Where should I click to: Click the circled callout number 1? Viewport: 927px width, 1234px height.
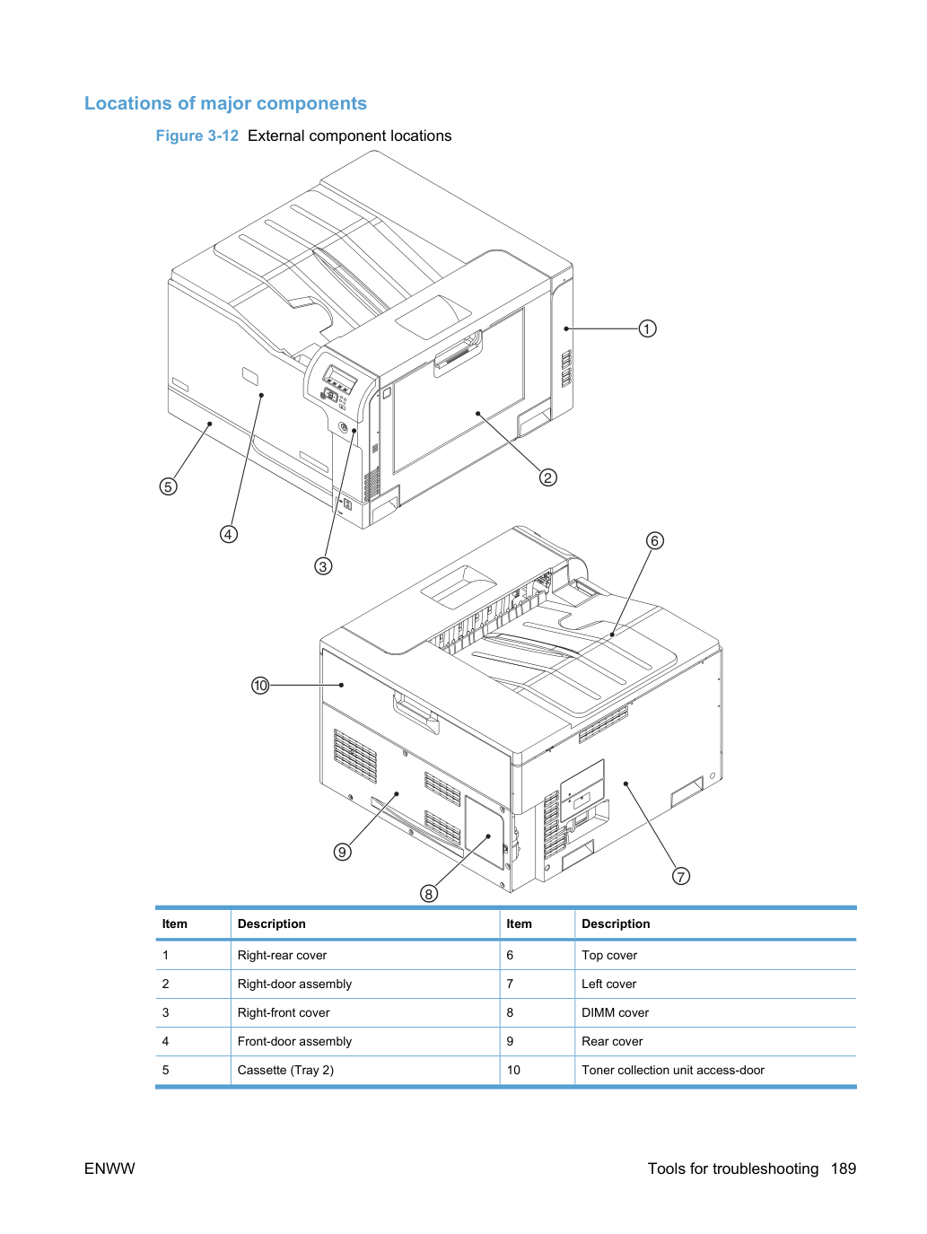coord(647,328)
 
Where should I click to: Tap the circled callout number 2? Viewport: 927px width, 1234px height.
coord(548,477)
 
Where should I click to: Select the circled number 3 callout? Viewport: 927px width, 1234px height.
coord(323,566)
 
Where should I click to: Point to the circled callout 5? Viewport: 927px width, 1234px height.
coord(168,486)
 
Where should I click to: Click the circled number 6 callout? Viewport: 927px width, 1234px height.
coord(654,541)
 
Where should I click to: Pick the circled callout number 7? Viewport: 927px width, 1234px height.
coord(681,877)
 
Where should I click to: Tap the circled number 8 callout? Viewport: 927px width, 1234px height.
coord(429,894)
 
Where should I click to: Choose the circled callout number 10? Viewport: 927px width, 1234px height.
coord(260,686)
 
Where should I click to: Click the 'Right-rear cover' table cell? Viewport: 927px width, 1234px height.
coord(282,955)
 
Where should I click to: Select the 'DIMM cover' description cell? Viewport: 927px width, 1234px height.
coord(615,1012)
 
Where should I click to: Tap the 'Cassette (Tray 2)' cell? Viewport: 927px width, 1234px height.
coord(285,1070)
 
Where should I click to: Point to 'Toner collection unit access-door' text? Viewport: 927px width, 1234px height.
coord(673,1070)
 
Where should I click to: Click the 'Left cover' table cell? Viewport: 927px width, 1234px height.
coord(608,984)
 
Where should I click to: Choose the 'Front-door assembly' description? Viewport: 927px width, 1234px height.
coord(294,1041)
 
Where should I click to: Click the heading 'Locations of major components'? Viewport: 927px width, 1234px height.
coord(225,103)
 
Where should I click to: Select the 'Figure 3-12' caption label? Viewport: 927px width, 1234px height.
coord(197,136)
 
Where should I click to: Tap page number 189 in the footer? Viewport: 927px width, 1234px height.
coord(844,1168)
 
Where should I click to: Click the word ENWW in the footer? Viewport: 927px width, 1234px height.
coord(109,1168)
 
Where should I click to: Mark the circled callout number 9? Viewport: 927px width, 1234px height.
coord(343,852)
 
